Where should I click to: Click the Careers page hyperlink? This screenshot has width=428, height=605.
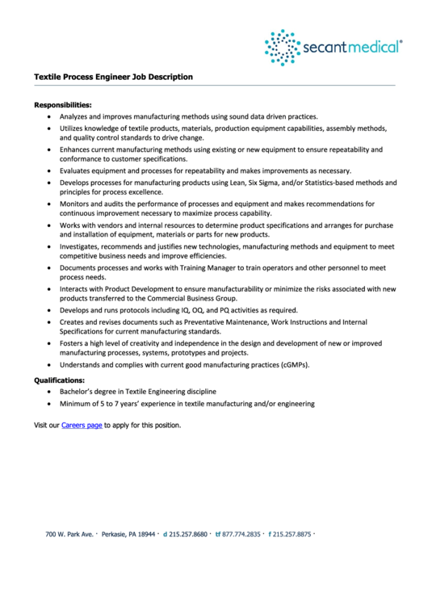coord(82,425)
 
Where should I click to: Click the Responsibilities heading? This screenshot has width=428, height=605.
coord(62,104)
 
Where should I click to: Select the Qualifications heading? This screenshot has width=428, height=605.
coord(59,380)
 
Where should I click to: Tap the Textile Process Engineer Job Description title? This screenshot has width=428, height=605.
coord(113,78)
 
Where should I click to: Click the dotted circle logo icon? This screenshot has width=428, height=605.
coord(282,47)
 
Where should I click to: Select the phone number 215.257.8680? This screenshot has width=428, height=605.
coord(188,535)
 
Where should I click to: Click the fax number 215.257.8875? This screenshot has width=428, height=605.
coord(292,535)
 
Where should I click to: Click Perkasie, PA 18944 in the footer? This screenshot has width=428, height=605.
coord(129,535)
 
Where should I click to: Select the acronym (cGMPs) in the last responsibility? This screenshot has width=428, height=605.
coord(293,365)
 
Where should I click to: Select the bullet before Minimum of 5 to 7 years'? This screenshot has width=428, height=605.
coord(49,404)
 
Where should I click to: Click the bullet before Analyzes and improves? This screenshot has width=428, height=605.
coord(49,116)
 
